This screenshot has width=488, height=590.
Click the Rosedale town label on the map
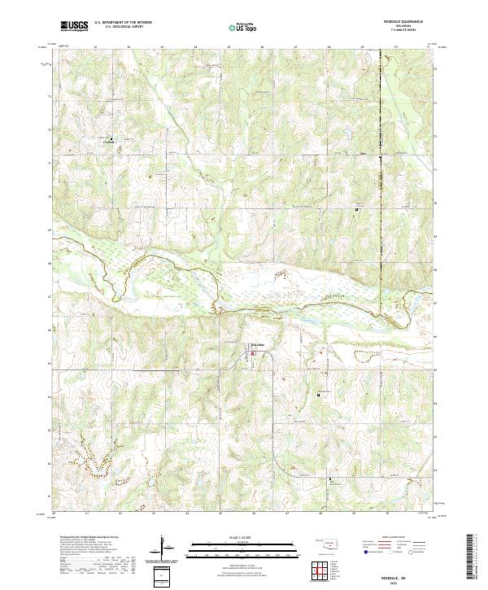click(255, 345)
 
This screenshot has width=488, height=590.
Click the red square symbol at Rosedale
click(252, 352)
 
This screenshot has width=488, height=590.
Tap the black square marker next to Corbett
click(112, 136)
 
